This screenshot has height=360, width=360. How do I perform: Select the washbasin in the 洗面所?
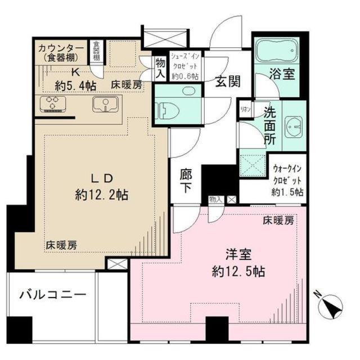point(293,127)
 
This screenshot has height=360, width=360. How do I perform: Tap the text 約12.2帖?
point(101,195)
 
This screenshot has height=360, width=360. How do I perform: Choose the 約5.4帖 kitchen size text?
point(75,85)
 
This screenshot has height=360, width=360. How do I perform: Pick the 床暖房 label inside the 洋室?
point(278,221)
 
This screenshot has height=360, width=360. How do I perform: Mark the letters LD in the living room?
point(101,178)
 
